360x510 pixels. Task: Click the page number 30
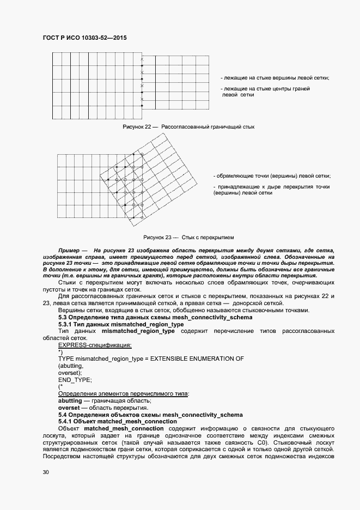(x=46, y=473)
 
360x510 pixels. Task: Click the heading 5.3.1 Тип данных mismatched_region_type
(x=121, y=324)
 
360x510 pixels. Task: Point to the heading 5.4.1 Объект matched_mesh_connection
(x=117, y=421)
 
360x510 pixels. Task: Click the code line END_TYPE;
(x=75, y=379)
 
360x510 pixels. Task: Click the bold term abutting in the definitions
(x=70, y=400)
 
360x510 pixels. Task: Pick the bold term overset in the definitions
(x=69, y=407)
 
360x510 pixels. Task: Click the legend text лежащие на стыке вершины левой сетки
(x=276, y=78)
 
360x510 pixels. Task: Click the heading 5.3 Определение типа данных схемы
(x=155, y=317)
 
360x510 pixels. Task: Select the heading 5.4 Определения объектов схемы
(x=150, y=414)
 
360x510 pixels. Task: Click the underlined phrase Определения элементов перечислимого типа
(x=124, y=393)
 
